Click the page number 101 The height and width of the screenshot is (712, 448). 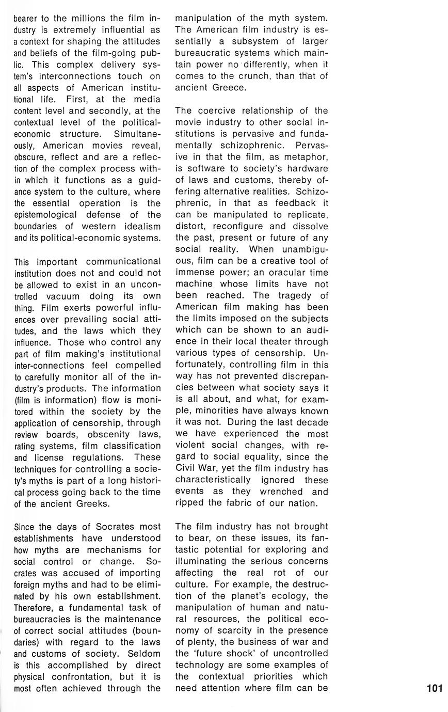click(435, 688)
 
